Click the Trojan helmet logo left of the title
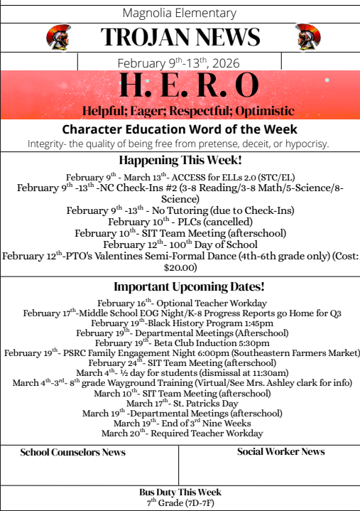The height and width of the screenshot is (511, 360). [57, 37]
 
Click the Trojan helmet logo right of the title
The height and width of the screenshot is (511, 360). [307, 37]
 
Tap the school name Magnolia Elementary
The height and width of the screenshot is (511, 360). [180, 13]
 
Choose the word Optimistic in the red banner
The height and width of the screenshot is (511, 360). [259, 112]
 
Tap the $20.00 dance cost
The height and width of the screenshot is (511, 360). [180, 268]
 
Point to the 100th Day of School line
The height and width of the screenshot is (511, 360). [180, 244]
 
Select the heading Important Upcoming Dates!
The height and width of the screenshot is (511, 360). [180, 287]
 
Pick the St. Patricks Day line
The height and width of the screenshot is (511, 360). [180, 403]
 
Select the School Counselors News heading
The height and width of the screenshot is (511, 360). [73, 452]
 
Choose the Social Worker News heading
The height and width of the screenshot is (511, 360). [281, 451]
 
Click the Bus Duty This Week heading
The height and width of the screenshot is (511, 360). [180, 492]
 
